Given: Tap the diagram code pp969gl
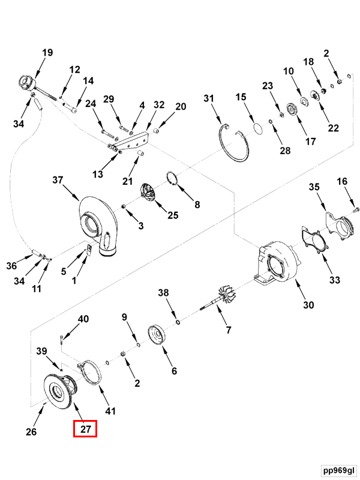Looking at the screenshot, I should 337,469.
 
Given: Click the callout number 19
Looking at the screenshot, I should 47,53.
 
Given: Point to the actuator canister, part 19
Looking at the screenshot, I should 28,82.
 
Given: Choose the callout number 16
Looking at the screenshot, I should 341,181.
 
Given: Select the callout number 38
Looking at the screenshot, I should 164,293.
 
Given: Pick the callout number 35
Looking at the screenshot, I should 314,188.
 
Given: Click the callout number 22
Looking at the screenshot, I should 333,128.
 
